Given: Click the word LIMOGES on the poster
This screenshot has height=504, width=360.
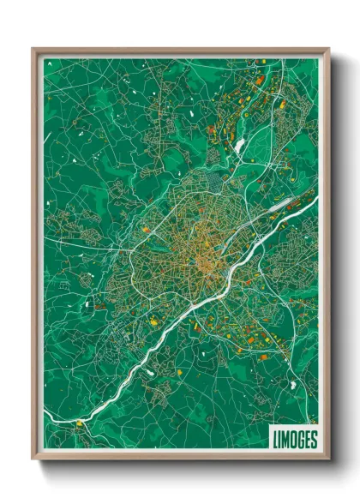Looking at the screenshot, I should pyautogui.click(x=293, y=438).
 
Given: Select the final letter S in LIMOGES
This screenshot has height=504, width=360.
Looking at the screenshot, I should pyautogui.click(x=313, y=438).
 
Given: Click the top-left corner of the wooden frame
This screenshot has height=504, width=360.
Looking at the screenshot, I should pyautogui.click(x=33, y=49).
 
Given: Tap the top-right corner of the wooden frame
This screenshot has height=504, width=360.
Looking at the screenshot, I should pyautogui.click(x=328, y=49).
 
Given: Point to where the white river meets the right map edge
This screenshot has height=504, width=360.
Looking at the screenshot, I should pyautogui.click(x=316, y=200).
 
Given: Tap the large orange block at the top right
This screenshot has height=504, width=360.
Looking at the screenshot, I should pyautogui.click(x=260, y=80).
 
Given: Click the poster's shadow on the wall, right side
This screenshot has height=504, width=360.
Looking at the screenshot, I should pyautogui.click(x=336, y=257).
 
